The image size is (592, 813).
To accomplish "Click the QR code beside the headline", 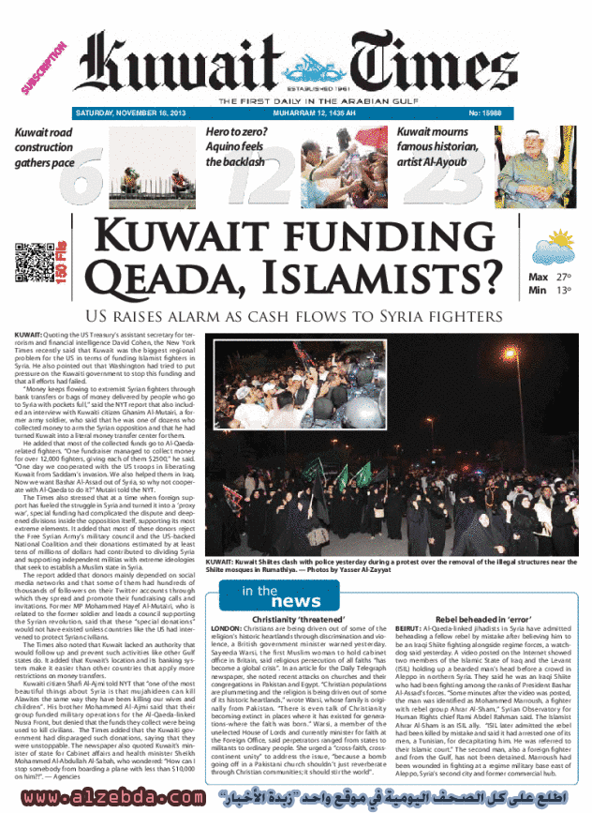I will [31, 259].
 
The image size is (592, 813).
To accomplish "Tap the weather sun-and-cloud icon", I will [553, 248].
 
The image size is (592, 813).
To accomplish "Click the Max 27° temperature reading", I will [550, 278].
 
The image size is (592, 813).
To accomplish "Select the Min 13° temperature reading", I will [550, 291].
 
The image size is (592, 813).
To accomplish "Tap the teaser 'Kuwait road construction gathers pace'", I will [43, 147].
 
